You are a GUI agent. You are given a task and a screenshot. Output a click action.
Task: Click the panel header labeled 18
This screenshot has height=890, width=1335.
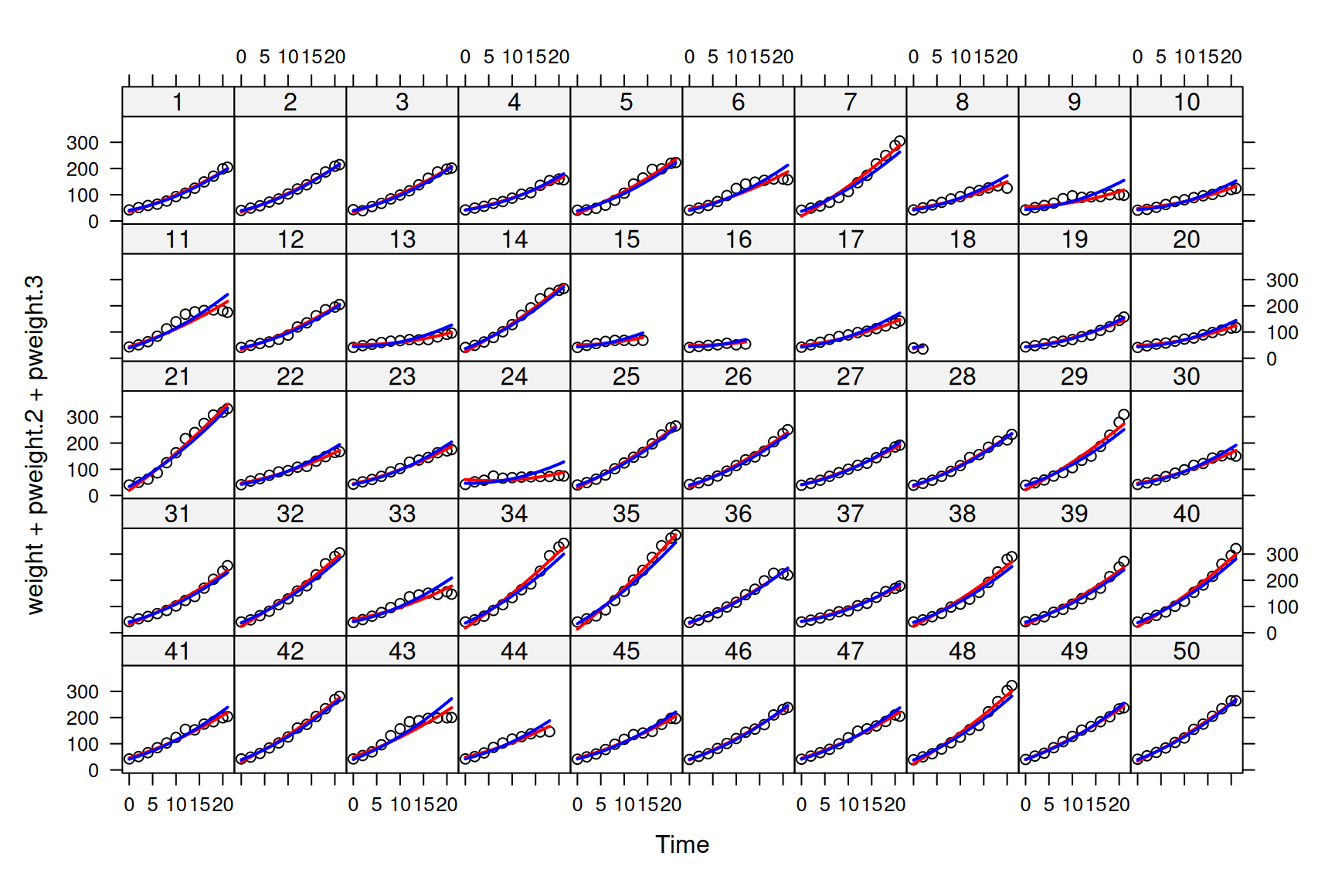pos(962,239)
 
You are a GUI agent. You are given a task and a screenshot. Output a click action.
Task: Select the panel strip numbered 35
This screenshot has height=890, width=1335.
pos(626,514)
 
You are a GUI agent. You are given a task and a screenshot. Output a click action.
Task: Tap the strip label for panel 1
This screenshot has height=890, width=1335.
pos(178,102)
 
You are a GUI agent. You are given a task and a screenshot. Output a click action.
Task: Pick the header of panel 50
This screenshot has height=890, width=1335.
pos(1186,651)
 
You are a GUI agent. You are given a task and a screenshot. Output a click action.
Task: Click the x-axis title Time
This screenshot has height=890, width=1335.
pos(681,844)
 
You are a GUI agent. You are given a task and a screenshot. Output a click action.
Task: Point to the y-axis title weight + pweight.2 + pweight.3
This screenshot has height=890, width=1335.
pos(36,444)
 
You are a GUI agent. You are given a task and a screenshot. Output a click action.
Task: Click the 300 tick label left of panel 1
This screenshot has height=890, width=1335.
pos(82,143)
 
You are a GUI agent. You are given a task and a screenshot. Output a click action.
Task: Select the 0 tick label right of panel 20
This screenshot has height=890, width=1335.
pos(1271,359)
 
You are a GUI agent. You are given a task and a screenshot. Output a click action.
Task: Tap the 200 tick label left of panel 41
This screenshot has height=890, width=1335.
pos(82,718)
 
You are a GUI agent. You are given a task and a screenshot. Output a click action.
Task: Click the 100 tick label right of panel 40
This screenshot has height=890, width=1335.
pos(1282,607)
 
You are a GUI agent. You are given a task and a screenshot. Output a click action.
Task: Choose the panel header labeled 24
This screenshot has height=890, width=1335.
pos(514,377)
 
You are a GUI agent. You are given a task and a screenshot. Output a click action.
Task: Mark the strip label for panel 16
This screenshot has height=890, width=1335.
pos(738,239)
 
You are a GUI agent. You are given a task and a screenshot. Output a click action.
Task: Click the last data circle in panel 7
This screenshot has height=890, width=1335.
pos(899,141)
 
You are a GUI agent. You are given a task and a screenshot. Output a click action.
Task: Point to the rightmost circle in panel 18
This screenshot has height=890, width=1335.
pos(922,349)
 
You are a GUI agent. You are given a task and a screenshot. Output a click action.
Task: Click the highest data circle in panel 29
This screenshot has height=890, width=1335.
pos(1123,415)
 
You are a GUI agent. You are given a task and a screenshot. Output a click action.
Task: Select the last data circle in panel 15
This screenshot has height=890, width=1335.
pos(643,340)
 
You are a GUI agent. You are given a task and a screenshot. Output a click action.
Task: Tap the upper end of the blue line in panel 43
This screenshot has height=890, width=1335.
pos(451,699)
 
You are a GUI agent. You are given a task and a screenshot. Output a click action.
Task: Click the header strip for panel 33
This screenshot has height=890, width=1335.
pos(402,514)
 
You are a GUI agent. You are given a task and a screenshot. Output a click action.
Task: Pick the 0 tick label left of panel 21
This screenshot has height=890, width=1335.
pos(93,496)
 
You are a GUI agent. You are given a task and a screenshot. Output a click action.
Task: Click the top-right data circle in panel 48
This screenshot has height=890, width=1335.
pos(1012,686)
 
